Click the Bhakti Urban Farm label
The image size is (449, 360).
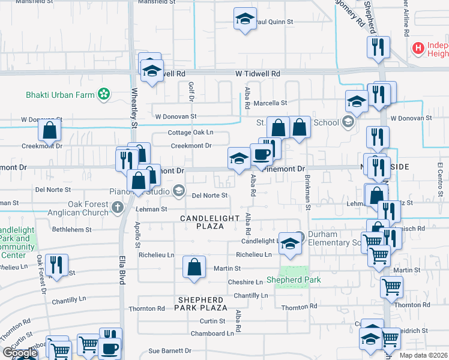61,94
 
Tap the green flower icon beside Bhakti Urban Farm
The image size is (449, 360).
104,94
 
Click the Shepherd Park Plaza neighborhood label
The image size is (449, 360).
202,303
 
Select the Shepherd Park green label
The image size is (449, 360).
294,280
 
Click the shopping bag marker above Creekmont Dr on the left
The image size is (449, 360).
50,130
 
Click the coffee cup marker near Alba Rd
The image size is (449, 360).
261,154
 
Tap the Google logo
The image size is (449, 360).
20,353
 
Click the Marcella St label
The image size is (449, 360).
270,103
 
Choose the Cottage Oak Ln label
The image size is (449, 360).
190,133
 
